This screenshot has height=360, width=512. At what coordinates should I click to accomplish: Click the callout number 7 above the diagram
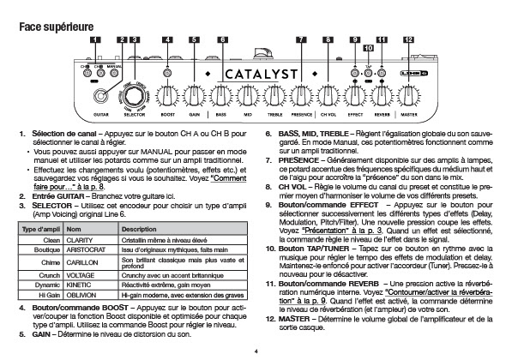[301, 39]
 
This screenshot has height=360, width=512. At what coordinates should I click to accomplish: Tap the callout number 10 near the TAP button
[368, 48]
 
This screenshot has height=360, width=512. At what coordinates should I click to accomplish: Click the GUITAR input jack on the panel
[100, 96]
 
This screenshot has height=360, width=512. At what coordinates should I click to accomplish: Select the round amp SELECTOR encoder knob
[134, 96]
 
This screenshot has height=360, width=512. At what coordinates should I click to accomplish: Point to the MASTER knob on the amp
[408, 96]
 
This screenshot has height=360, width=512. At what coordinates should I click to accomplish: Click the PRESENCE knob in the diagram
[301, 96]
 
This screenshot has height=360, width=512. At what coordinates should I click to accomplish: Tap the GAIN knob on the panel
[195, 96]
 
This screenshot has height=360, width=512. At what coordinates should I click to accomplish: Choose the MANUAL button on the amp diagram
[114, 73]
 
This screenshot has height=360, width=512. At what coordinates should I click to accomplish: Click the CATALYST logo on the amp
[262, 75]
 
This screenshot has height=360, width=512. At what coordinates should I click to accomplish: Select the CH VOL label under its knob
[328, 115]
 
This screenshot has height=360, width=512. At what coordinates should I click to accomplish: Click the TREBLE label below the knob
[274, 115]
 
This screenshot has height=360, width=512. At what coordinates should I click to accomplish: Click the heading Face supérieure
[56, 27]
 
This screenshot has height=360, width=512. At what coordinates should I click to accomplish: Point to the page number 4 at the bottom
[256, 351]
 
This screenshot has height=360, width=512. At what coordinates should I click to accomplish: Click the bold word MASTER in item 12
[294, 319]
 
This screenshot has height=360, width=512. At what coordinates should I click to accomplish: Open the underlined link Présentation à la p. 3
[342, 231]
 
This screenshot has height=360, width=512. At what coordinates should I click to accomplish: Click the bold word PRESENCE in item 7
[298, 160]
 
